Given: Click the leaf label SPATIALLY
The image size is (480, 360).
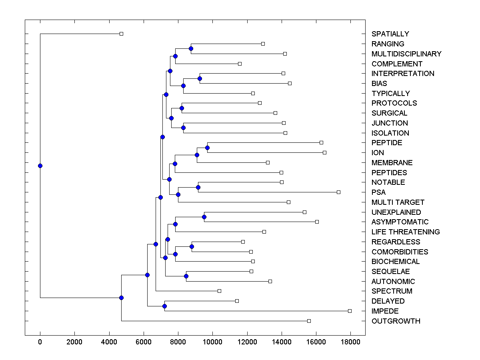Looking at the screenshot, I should (x=390, y=34).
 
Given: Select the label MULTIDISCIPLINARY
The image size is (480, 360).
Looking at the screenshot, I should (x=406, y=54).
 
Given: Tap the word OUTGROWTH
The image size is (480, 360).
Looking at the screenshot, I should (x=396, y=321).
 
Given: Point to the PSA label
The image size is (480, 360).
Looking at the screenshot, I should (x=378, y=192).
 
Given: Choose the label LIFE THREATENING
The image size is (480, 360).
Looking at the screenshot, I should (x=406, y=232).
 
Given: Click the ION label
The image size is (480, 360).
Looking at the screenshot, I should (x=378, y=153).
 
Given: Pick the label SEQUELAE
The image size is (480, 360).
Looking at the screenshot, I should (x=390, y=272).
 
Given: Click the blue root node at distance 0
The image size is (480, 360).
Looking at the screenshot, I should (x=40, y=166).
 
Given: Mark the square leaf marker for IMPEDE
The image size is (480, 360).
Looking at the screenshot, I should (x=350, y=311).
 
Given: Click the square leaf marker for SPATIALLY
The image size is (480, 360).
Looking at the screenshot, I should (x=122, y=34).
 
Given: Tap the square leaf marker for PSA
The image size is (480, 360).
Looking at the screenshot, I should (x=338, y=192).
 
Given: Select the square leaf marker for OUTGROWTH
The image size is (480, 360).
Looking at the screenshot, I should (x=309, y=321).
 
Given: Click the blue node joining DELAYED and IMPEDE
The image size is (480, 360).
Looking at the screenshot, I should (x=164, y=306).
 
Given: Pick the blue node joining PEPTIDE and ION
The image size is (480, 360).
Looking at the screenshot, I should (x=207, y=148).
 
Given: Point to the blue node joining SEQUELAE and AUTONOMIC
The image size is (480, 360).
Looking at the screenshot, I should (x=186, y=276).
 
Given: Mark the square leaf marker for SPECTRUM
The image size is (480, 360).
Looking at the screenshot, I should (x=219, y=291).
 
